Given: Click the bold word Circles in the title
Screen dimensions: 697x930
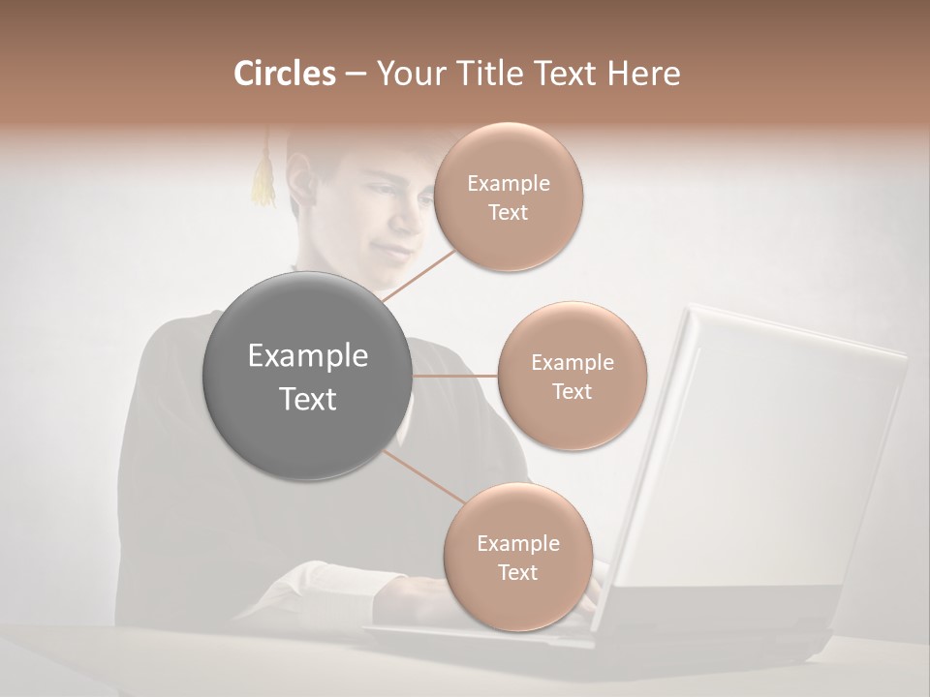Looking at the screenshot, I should [285, 74].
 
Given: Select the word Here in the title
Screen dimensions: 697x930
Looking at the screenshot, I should [644, 74].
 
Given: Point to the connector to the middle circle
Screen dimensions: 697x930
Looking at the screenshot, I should [455, 376].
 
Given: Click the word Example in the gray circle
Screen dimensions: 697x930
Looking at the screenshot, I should [308, 356].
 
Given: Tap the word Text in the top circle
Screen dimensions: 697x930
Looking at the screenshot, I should [509, 213].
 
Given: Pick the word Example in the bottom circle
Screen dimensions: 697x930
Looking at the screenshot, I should [517, 544].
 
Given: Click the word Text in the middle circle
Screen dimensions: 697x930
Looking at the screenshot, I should [572, 392].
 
